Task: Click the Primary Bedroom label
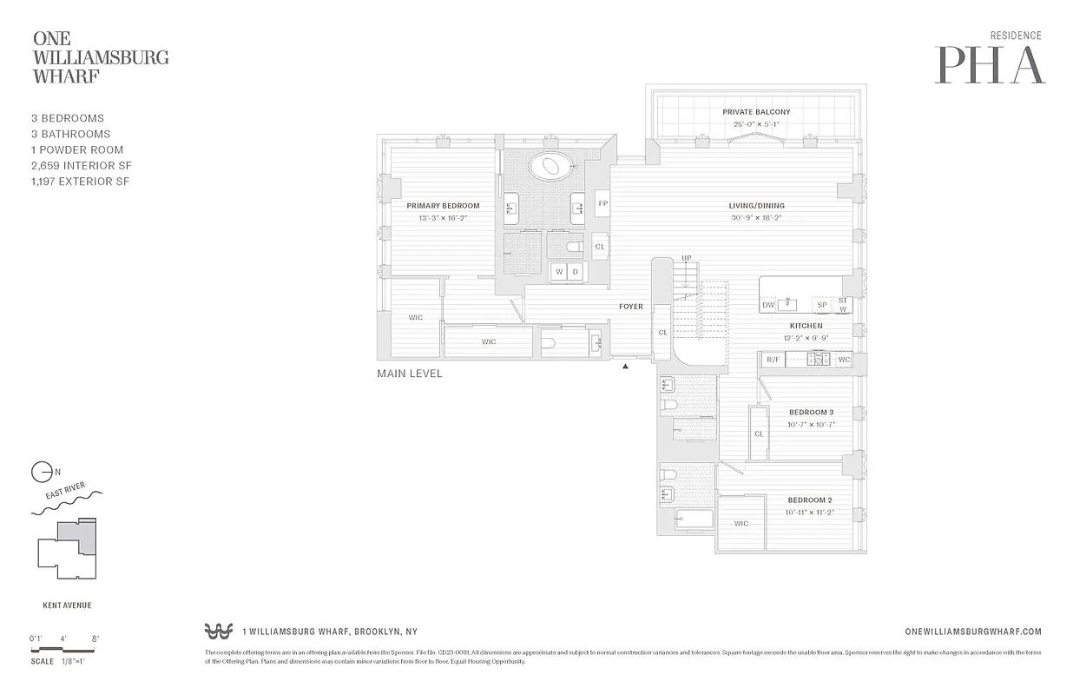click(443, 206)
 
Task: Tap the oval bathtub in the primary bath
click(547, 165)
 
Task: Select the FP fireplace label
click(602, 203)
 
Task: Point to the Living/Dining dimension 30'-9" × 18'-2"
click(756, 218)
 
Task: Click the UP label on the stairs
click(686, 259)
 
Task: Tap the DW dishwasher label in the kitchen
click(768, 305)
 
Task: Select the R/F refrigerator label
click(772, 360)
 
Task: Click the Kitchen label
click(806, 326)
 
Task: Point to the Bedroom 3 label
click(811, 412)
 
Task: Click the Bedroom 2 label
click(810, 500)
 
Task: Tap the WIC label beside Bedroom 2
click(741, 524)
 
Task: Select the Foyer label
click(630, 307)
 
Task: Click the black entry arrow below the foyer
click(625, 367)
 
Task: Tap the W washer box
click(560, 272)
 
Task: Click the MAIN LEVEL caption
click(409, 374)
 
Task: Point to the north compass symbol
click(41, 473)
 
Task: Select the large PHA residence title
click(989, 65)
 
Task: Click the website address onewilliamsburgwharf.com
click(972, 632)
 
